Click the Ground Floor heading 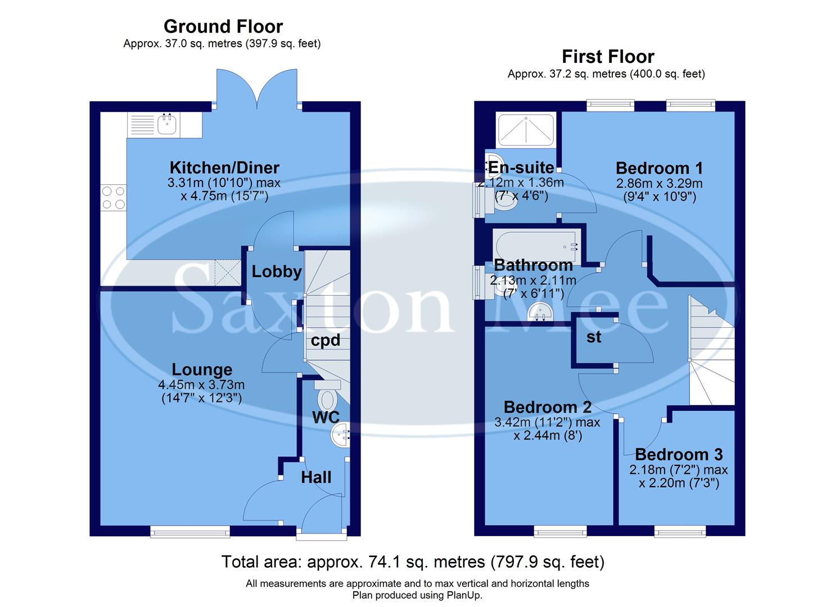point(223,26)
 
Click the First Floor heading point(608,57)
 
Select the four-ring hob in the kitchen point(113,198)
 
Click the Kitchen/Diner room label point(224,167)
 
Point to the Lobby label point(276,272)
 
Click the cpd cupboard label point(326,341)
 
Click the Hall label point(316,478)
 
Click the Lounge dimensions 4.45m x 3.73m point(201,385)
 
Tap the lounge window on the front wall point(189,531)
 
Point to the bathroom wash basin point(541,311)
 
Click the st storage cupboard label point(594,337)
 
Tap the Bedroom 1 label point(659,168)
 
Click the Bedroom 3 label point(679,454)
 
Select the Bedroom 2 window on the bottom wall point(559,531)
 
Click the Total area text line point(413,561)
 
